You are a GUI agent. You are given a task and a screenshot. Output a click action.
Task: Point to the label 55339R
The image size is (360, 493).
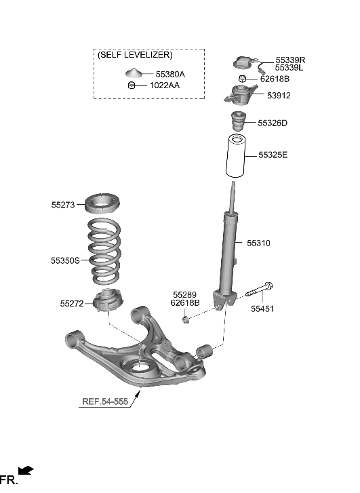(x=290, y=60)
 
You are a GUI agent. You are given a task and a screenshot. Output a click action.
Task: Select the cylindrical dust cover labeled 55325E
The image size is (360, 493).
(x=235, y=157)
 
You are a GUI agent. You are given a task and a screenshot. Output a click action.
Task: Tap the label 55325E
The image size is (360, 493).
(x=273, y=155)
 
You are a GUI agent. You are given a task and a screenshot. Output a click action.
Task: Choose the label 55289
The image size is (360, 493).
(x=184, y=294)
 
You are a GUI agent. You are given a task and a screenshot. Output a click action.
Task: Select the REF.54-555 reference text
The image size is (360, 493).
(x=106, y=401)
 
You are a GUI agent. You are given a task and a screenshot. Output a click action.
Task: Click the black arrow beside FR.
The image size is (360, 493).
(x=25, y=470)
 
